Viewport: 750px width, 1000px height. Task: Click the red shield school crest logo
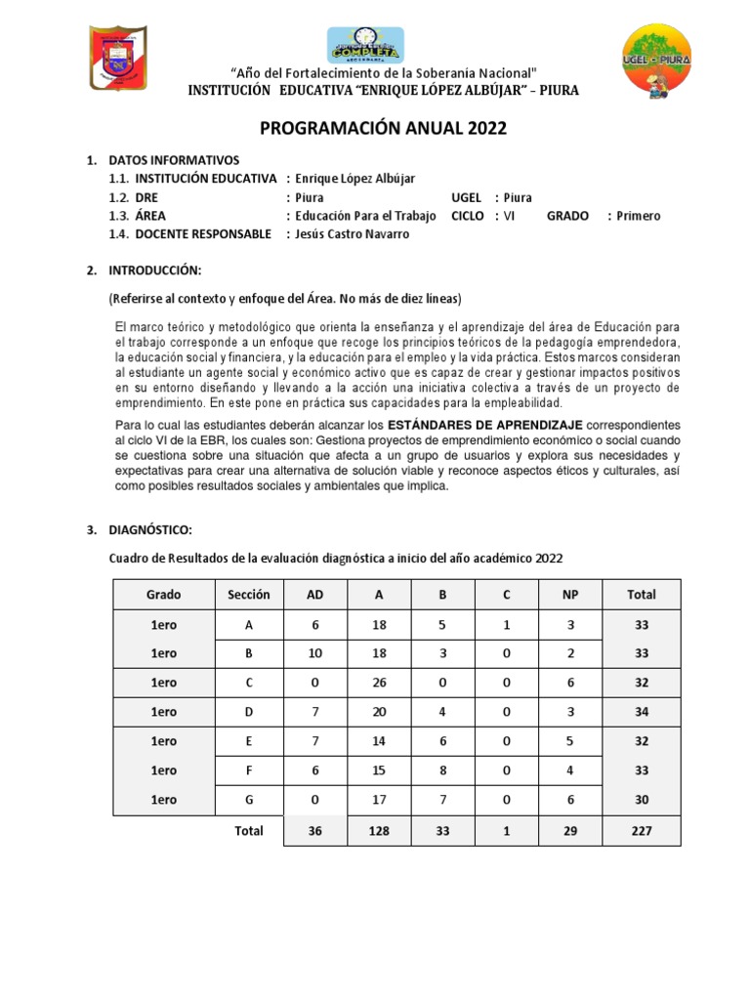[x=117, y=60]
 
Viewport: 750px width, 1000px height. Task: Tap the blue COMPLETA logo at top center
[x=365, y=46]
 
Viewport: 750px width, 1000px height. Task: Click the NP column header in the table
[x=570, y=594]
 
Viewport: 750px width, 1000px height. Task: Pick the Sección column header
[x=248, y=594]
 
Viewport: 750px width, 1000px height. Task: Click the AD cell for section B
[x=314, y=652]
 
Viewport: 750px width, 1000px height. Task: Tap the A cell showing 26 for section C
[x=379, y=683]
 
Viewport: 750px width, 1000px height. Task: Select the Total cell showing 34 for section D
[x=642, y=712]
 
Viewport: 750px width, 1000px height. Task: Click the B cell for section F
[x=442, y=770]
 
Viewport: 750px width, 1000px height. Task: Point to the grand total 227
[x=642, y=830]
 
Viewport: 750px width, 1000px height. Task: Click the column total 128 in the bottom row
[x=379, y=830]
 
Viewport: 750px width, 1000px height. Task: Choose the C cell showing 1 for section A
[x=506, y=625]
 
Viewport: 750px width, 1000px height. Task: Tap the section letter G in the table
[x=248, y=799]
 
